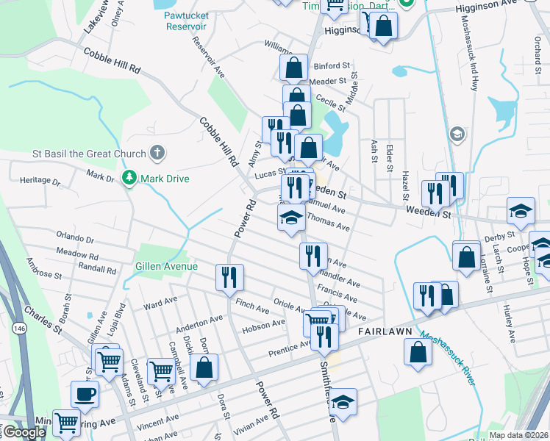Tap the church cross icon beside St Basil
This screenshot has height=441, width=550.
[x=156, y=154]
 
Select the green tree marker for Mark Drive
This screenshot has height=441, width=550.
[x=129, y=179]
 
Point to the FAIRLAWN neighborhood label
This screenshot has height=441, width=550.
[x=383, y=332]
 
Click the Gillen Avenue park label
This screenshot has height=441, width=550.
[x=165, y=266]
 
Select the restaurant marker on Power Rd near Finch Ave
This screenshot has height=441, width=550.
[x=229, y=277]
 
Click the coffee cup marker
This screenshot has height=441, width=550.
[x=85, y=393]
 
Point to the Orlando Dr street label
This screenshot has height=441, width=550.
[x=75, y=239]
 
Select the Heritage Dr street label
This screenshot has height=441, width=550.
[x=40, y=180]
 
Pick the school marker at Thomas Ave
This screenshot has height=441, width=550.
[x=291, y=218]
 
